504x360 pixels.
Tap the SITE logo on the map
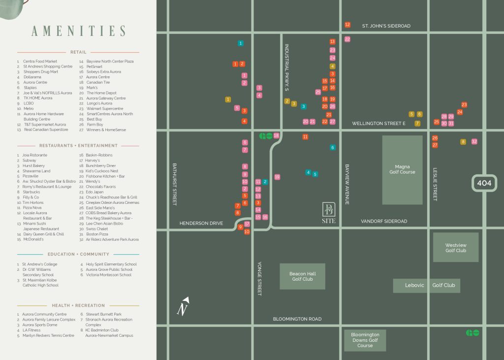(x=328, y=212)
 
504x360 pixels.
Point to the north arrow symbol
(x=184, y=306)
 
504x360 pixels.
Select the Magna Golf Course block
(x=402, y=170)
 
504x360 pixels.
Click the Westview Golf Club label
(x=455, y=247)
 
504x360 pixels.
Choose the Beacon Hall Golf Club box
(x=302, y=276)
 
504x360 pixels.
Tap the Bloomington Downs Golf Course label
(x=365, y=340)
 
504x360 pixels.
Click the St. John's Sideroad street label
(x=386, y=26)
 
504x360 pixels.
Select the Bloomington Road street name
(x=297, y=319)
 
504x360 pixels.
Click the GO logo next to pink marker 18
(x=266, y=136)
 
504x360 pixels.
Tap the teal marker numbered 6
(x=333, y=147)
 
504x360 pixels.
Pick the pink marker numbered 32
(x=474, y=142)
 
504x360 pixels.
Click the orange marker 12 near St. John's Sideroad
(x=347, y=25)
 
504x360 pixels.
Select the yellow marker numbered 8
(x=463, y=142)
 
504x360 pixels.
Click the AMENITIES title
(x=78, y=31)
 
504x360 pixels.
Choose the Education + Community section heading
(x=78, y=254)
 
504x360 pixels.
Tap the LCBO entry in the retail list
(x=28, y=103)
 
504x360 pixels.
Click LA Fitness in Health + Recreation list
(x=31, y=330)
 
